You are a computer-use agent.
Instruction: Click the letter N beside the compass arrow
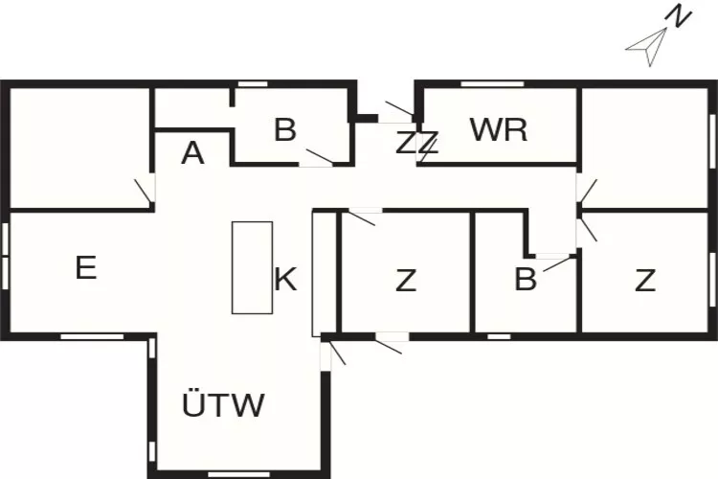tap(679, 17)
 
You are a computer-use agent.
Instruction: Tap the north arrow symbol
tap(649, 47)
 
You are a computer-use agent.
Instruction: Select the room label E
tap(86, 268)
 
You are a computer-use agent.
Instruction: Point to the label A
tap(192, 153)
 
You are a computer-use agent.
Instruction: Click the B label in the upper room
tap(284, 130)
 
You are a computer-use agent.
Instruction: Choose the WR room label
tap(499, 129)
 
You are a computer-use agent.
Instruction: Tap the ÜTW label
tap(223, 405)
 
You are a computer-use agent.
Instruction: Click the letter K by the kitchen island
tap(285, 280)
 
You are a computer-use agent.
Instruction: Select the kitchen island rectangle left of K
tap(252, 267)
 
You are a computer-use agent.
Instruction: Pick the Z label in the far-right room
tap(645, 281)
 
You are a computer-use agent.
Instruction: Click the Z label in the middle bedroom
tap(407, 281)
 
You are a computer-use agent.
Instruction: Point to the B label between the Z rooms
tap(525, 280)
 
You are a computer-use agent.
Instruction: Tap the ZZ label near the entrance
tap(417, 144)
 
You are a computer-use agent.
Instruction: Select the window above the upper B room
tap(253, 84)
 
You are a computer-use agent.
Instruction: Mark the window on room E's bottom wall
tap(92, 336)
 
